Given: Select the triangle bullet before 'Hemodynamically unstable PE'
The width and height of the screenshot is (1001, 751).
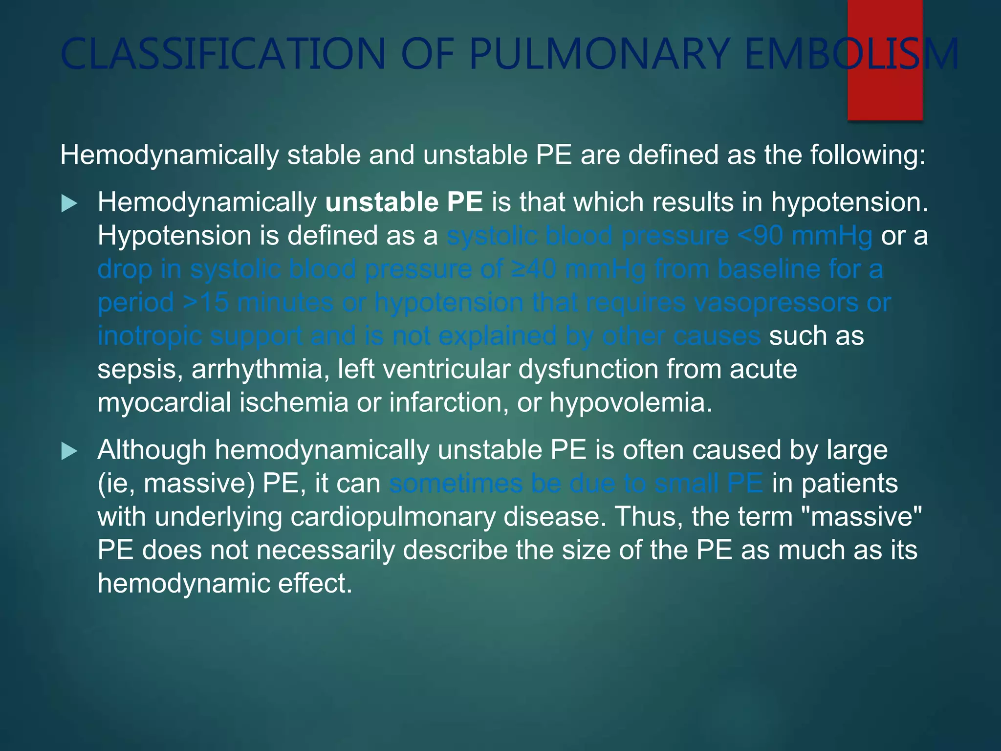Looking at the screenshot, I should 69,203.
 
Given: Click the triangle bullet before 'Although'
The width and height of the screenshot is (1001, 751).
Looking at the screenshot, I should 69,451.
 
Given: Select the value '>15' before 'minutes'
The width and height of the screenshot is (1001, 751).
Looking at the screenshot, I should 206,303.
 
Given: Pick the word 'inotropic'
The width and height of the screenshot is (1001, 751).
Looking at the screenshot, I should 150,336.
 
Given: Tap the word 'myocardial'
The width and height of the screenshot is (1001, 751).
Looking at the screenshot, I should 164,402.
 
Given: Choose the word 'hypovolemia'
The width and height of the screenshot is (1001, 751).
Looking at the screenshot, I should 631,402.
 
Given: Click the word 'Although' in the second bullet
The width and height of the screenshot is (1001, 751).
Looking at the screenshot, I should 152,450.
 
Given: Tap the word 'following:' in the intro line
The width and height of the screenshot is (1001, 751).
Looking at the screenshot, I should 868,155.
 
